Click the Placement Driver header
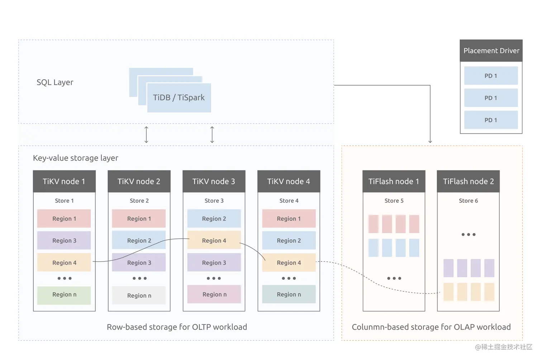point(491,51)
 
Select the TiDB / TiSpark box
point(179,97)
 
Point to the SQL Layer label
point(55,82)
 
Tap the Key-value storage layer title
point(75,158)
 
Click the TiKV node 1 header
point(64,181)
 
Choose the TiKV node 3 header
point(214,181)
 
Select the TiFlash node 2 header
point(468,181)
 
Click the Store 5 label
point(394,201)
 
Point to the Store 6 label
point(468,201)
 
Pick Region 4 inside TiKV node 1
point(64,263)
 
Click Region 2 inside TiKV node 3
point(214,219)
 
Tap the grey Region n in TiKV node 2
point(139,296)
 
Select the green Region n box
point(64,295)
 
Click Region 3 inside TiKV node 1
point(64,240)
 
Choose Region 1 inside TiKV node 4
point(289,219)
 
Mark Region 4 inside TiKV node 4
point(289,263)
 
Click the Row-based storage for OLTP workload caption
point(177,327)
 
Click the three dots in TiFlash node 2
point(468,235)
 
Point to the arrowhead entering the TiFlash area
point(430,142)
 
